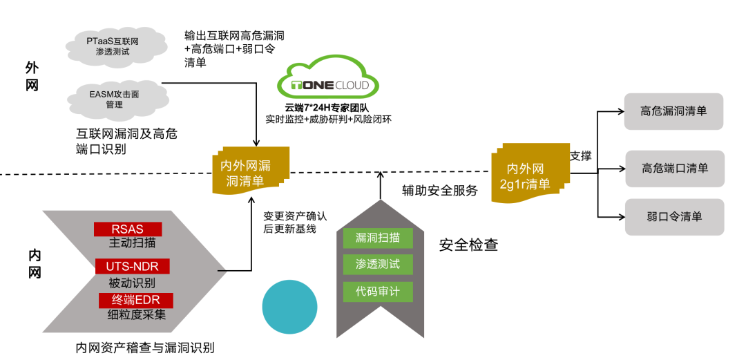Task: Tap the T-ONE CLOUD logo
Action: (x=328, y=86)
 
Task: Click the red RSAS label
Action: (x=128, y=229)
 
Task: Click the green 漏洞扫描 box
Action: (x=377, y=238)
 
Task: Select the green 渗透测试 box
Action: (x=377, y=264)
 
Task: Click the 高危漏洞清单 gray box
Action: (x=673, y=111)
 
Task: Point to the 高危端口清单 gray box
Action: (x=674, y=168)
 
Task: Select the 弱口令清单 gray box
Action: (x=674, y=216)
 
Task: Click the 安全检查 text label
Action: (x=468, y=245)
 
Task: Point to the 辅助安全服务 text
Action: (x=440, y=191)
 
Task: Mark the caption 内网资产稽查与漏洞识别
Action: (x=145, y=348)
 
